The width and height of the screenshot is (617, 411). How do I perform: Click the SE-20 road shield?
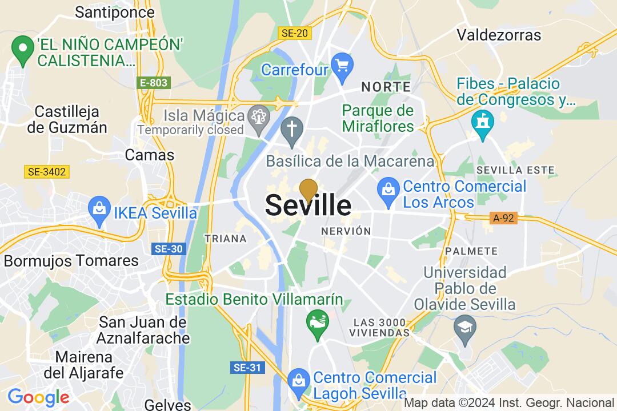point(295,33)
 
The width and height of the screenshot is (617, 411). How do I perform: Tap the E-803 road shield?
point(154,83)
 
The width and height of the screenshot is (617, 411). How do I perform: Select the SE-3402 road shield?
point(47,171)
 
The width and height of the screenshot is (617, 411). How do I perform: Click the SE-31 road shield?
point(247,368)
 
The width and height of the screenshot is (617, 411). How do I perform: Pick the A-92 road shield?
point(503,217)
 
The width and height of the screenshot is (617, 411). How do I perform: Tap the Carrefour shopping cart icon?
point(342,65)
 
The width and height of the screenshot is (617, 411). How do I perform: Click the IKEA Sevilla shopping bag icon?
point(100,208)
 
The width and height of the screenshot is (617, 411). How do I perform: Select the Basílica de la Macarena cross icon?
point(291,129)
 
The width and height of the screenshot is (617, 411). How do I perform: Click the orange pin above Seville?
point(308,190)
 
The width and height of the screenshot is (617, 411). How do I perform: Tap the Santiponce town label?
point(115,12)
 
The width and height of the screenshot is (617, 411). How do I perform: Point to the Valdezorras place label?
point(499,35)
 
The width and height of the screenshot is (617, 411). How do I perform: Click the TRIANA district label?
point(225,239)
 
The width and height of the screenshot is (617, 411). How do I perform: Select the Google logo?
point(38,397)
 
